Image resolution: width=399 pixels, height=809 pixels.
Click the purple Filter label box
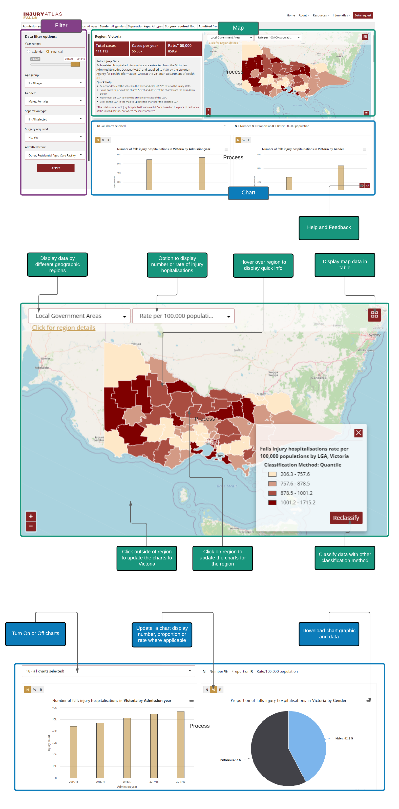point(61,25)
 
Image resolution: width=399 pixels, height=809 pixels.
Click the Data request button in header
point(363,15)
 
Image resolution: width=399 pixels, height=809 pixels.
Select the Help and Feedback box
point(328,227)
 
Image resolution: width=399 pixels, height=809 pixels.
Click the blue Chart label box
point(248,193)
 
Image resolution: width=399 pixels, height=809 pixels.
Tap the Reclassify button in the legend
point(346,518)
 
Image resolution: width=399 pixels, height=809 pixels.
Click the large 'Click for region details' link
point(64,328)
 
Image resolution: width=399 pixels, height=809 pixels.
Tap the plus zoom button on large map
point(31,516)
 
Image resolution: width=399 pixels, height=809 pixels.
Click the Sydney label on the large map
point(374,335)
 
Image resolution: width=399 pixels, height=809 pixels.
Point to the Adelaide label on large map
point(42,368)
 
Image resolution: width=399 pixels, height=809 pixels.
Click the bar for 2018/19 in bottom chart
point(180,744)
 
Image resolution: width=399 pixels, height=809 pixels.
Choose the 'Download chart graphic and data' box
point(328,633)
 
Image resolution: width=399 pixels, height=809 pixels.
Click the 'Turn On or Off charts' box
point(35,633)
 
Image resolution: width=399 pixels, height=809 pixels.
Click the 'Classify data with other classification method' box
point(344,557)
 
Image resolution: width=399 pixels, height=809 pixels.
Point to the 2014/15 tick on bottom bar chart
point(73,782)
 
